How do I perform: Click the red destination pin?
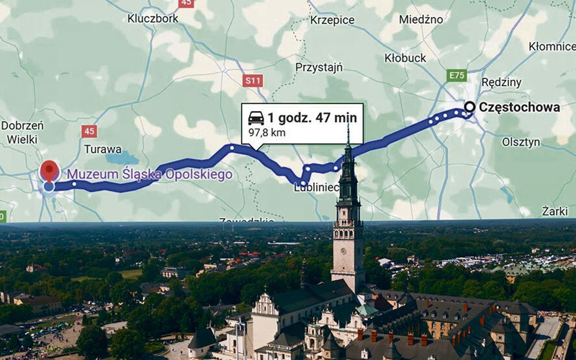49,170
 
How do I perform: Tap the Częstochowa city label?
519,107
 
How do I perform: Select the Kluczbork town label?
153,19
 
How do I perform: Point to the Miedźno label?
421,20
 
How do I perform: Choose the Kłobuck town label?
405,58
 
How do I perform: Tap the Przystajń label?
319,67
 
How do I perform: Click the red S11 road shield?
252,80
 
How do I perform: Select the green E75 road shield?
457,76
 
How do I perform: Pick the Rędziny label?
501,82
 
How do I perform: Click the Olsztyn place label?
521,142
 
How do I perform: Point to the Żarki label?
555,211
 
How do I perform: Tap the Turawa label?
103,149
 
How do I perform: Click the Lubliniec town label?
316,188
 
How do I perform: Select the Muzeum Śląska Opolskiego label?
150,175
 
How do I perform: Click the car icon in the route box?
256,119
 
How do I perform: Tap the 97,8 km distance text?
267,133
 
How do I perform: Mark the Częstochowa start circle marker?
469,107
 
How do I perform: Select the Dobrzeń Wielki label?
22,132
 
